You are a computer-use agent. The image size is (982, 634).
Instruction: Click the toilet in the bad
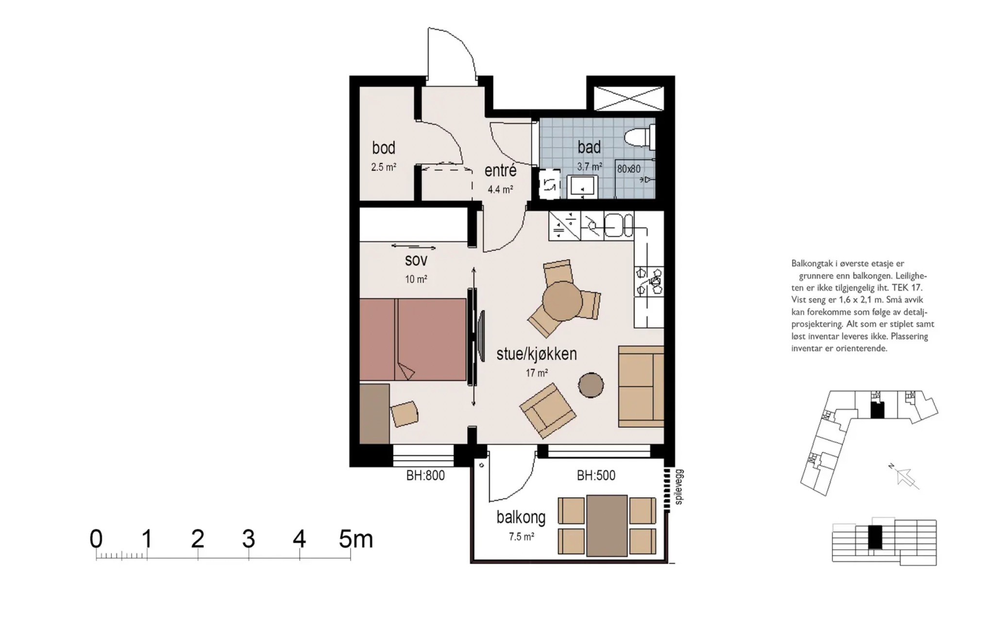point(639,137)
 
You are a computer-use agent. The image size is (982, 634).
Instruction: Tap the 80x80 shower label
point(628,169)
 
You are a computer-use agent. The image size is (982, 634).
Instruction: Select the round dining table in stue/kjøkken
point(562,300)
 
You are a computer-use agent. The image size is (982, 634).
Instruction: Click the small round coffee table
point(591,385)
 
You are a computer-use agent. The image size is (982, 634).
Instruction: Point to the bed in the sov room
point(413,339)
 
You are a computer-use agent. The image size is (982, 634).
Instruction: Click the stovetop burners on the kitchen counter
point(649,281)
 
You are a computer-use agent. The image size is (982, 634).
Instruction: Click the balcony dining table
point(607,526)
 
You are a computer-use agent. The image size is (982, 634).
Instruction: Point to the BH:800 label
point(425,475)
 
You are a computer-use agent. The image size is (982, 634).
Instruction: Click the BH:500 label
point(596,475)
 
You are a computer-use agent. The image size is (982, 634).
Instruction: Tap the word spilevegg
point(679,487)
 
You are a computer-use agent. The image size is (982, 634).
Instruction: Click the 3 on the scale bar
point(248,539)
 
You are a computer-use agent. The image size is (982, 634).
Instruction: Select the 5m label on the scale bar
point(356,539)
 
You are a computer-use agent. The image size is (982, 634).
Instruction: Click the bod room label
point(384,147)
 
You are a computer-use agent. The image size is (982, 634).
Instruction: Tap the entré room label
point(500,170)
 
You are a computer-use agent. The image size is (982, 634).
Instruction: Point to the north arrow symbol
point(905,477)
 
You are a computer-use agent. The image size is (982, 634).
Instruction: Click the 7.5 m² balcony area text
point(522,537)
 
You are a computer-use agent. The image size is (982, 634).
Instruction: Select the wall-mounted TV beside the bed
point(480,336)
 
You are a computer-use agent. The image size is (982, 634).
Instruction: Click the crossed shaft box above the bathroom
point(629,99)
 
